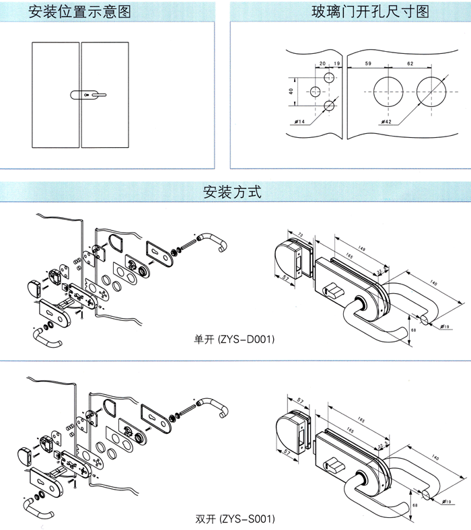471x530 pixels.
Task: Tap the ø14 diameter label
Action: pyautogui.click(x=300, y=120)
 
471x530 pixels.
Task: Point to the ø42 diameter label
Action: pyautogui.click(x=386, y=121)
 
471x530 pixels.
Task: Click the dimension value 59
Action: pyautogui.click(x=368, y=63)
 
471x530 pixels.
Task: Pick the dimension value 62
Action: pyautogui.click(x=410, y=63)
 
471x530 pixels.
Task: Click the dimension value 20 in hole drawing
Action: pyautogui.click(x=322, y=63)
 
